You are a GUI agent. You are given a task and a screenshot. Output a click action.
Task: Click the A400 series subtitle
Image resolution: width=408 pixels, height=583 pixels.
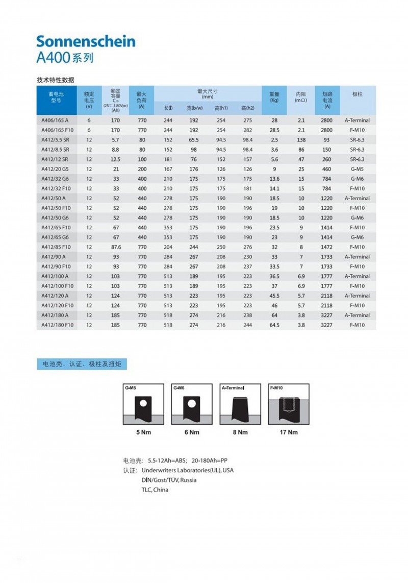click(65, 58)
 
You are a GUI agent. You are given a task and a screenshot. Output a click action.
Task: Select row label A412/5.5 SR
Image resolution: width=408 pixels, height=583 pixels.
click(55, 140)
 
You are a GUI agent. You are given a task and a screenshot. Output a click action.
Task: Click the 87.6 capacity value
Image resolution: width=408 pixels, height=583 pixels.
click(115, 247)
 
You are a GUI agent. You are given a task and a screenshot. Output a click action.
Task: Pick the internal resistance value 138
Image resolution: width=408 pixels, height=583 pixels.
click(301, 140)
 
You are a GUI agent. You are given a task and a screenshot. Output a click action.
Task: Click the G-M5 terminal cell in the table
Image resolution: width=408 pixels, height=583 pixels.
click(357, 169)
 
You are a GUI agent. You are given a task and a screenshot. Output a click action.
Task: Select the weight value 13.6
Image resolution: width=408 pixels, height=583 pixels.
click(274, 179)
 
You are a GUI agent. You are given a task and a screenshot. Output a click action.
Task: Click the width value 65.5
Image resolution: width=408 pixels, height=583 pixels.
click(194, 140)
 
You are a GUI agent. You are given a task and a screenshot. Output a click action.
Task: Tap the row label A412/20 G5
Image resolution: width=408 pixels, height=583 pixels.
click(56, 169)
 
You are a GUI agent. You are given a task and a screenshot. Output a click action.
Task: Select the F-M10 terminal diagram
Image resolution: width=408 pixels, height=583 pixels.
click(289, 404)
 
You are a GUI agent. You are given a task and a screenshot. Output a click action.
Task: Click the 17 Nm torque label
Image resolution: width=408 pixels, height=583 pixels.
click(289, 432)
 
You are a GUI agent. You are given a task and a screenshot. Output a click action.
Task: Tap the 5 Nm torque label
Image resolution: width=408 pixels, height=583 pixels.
click(143, 432)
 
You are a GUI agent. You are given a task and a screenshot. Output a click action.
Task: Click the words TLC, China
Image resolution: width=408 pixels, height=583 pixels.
click(155, 490)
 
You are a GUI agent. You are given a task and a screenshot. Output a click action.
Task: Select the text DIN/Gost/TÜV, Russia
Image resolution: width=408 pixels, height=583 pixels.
click(169, 480)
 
